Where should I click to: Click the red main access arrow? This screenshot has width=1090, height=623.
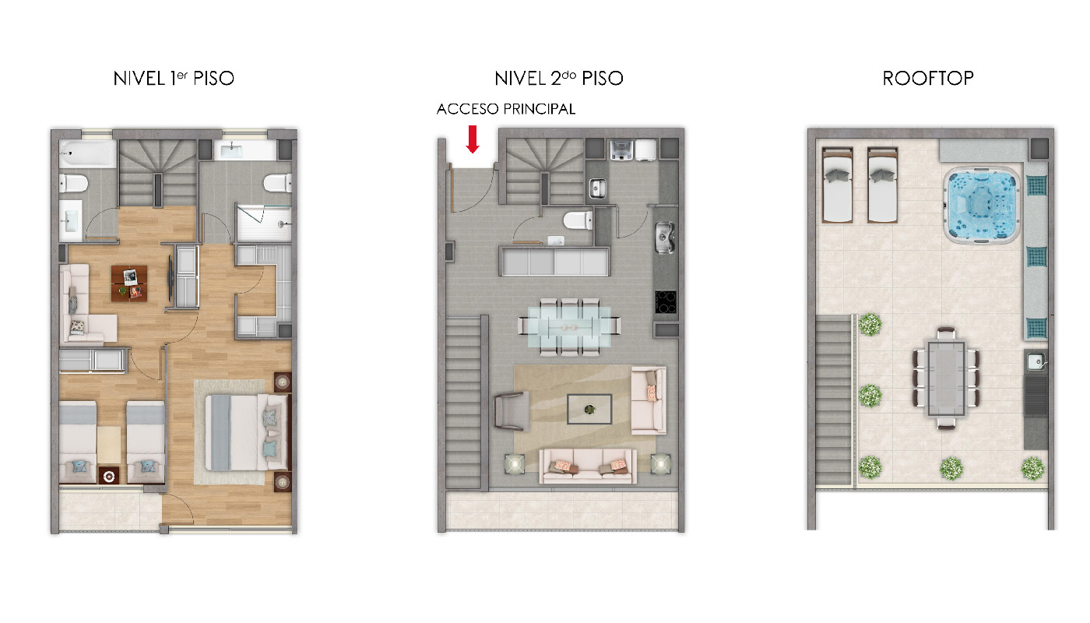(x=473, y=139)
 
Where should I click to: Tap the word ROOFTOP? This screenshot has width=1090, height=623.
(x=928, y=79)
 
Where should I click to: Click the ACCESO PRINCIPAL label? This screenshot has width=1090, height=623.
(x=505, y=109)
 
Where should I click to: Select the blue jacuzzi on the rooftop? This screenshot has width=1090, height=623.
(x=982, y=205)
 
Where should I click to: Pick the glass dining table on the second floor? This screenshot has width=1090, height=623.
(x=569, y=326)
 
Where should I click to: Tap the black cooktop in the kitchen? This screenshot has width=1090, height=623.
(x=665, y=302)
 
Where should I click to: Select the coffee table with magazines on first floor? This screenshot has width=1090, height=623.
(x=129, y=283)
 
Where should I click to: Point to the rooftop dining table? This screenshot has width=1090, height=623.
(x=945, y=378)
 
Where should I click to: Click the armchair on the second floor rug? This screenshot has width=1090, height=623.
(x=512, y=411)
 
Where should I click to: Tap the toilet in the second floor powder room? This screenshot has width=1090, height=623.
(x=578, y=220)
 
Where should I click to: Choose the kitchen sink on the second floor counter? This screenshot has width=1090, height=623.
(x=664, y=238)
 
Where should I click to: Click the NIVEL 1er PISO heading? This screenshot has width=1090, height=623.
(x=174, y=79)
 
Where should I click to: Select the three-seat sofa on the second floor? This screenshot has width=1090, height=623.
(x=588, y=466)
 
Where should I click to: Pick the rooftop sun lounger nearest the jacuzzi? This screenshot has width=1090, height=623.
(x=882, y=185)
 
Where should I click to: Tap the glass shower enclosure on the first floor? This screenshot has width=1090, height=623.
(x=264, y=224)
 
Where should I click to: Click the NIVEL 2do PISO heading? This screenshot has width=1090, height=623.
(x=559, y=79)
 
